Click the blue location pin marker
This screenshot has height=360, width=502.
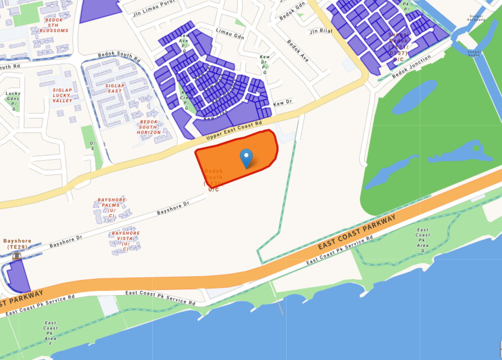246,158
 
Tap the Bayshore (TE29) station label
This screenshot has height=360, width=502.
17,244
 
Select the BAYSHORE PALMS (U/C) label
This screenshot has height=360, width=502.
111,208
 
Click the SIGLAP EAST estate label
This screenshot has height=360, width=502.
115,88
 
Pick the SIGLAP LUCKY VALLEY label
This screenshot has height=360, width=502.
62,95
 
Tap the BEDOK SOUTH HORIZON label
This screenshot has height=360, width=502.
149,127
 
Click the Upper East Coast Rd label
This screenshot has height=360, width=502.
234,131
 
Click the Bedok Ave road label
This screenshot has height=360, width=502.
298,51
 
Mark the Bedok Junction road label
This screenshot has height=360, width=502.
412,67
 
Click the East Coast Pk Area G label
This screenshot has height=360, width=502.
423,240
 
